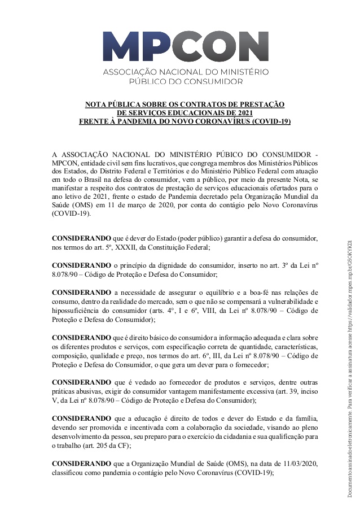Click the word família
pos(305,420)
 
